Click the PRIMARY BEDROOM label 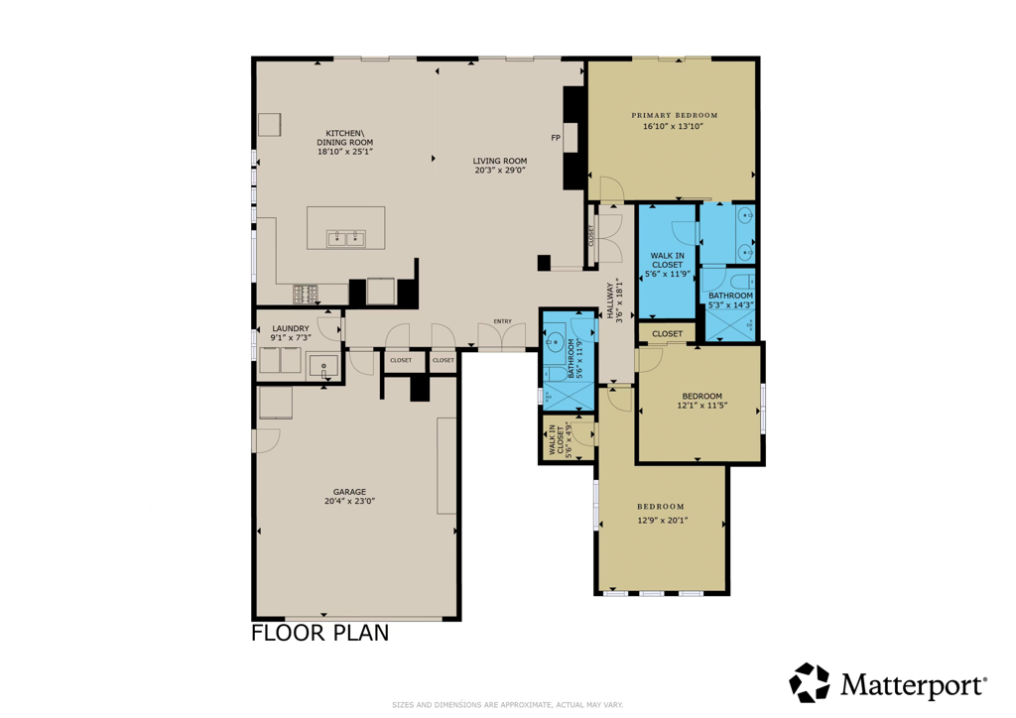(x=674, y=115)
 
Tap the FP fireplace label (x=556, y=137)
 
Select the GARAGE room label (x=349, y=491)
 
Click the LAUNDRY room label (x=291, y=328)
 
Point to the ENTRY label (x=502, y=321)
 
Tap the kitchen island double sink (x=345, y=238)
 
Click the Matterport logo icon (x=809, y=683)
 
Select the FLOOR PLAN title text (x=319, y=633)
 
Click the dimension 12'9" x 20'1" (x=661, y=520)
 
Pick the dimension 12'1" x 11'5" (x=702, y=406)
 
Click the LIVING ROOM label (x=499, y=161)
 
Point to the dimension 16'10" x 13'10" (x=674, y=127)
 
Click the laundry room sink (x=323, y=366)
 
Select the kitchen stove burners (x=305, y=293)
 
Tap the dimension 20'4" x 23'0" (x=349, y=502)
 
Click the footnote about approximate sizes (x=507, y=704)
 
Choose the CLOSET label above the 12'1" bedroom (x=667, y=334)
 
